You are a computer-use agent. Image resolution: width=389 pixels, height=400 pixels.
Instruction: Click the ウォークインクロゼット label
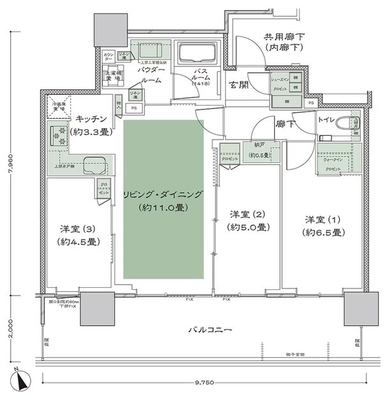pyautogui.click(x=332, y=162)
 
